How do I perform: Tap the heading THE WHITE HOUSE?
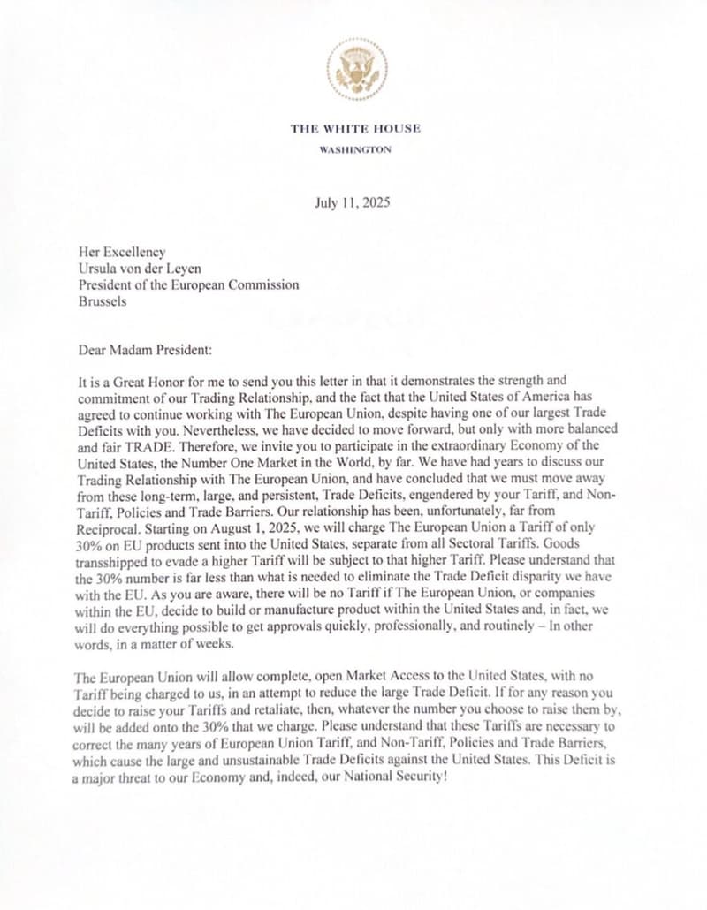tap(355, 129)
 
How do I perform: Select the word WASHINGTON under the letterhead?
tap(355, 149)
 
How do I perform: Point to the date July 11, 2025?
tap(352, 202)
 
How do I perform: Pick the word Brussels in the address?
tap(103, 300)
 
